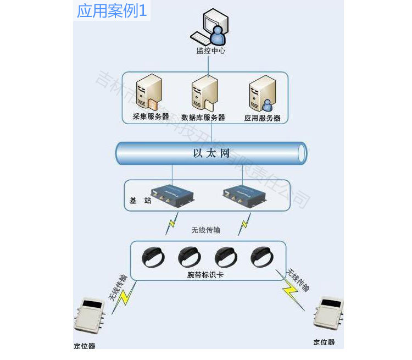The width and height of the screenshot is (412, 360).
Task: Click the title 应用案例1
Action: click(x=112, y=10)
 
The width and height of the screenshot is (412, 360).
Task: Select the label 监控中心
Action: click(x=210, y=51)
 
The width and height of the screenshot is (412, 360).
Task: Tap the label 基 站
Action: click(x=140, y=201)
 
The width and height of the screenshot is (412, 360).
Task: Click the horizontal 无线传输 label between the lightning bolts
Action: click(x=205, y=230)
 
